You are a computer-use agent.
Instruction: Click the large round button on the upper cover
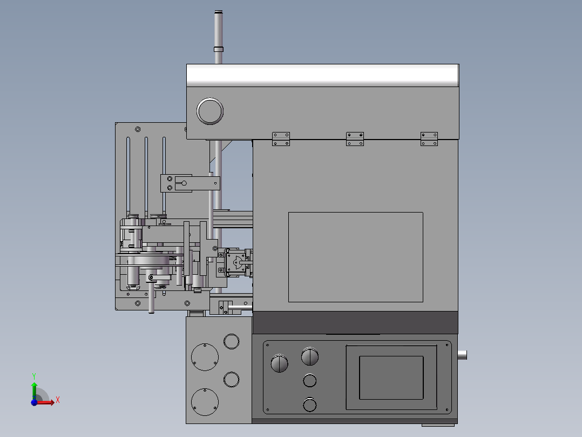[x=209, y=111]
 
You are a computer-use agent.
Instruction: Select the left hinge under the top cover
[x=281, y=139]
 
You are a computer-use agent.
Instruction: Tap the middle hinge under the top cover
[x=355, y=139]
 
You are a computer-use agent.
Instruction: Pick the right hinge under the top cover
[x=429, y=139]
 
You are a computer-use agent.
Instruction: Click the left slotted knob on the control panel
[x=280, y=363]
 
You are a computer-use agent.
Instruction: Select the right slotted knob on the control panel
[x=310, y=356]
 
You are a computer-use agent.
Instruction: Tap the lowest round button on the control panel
[x=310, y=405]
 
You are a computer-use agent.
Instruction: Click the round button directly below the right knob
[x=310, y=380]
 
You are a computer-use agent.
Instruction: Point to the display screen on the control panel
[x=391, y=378]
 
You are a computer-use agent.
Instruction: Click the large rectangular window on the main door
[x=356, y=257]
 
